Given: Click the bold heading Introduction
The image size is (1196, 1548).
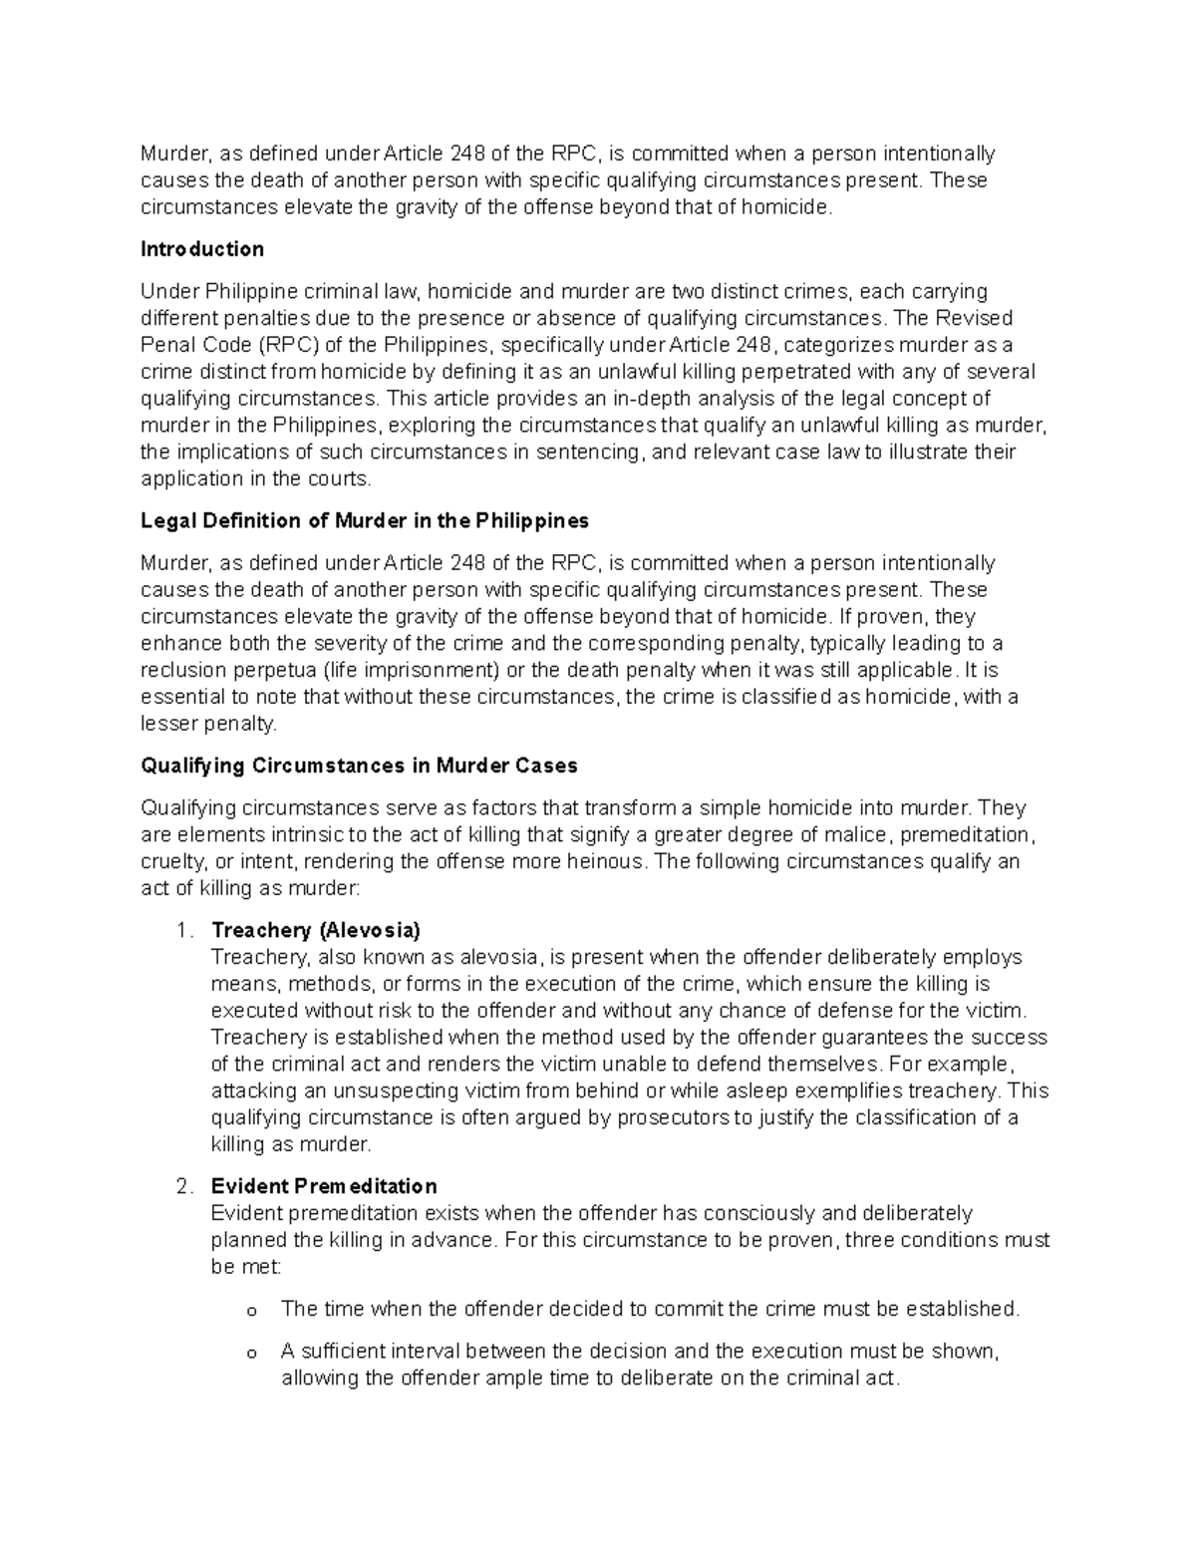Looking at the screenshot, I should (202, 249).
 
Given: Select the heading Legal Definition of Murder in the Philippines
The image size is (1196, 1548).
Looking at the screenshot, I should (365, 520).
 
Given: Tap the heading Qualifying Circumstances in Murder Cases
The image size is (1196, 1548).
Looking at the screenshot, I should (359, 766).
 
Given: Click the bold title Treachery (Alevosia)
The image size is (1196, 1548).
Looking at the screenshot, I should (316, 930).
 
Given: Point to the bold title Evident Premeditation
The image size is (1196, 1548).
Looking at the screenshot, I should (324, 1186).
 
